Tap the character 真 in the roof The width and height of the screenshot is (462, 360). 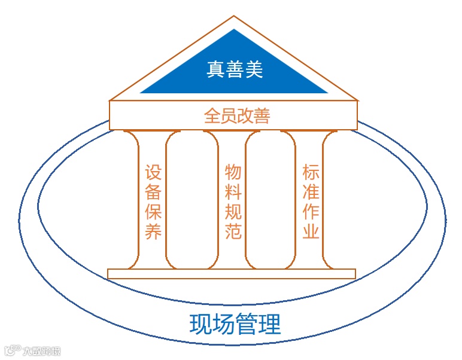[x=215, y=70]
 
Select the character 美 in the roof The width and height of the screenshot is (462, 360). [x=254, y=70]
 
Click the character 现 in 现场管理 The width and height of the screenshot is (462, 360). [x=200, y=325]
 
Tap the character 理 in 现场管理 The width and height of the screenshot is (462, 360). [x=270, y=325]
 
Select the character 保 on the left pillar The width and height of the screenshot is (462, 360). [x=154, y=212]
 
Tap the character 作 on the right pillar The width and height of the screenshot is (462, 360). [x=311, y=212]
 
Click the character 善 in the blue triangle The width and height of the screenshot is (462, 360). [x=235, y=70]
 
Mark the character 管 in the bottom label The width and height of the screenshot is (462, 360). [x=247, y=325]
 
